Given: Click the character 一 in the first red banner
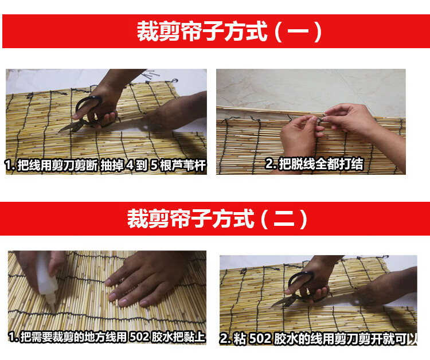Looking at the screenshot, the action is click(298, 32).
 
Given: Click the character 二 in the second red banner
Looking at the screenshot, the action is click(284, 219).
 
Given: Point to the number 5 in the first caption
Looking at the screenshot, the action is click(154, 165).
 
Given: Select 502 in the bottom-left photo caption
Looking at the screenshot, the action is click(139, 337).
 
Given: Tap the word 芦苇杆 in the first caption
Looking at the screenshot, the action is click(189, 165).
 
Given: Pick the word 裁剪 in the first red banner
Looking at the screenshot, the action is click(158, 32).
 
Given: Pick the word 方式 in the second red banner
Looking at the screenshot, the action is click(233, 219).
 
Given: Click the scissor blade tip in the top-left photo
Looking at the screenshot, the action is click(59, 132).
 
